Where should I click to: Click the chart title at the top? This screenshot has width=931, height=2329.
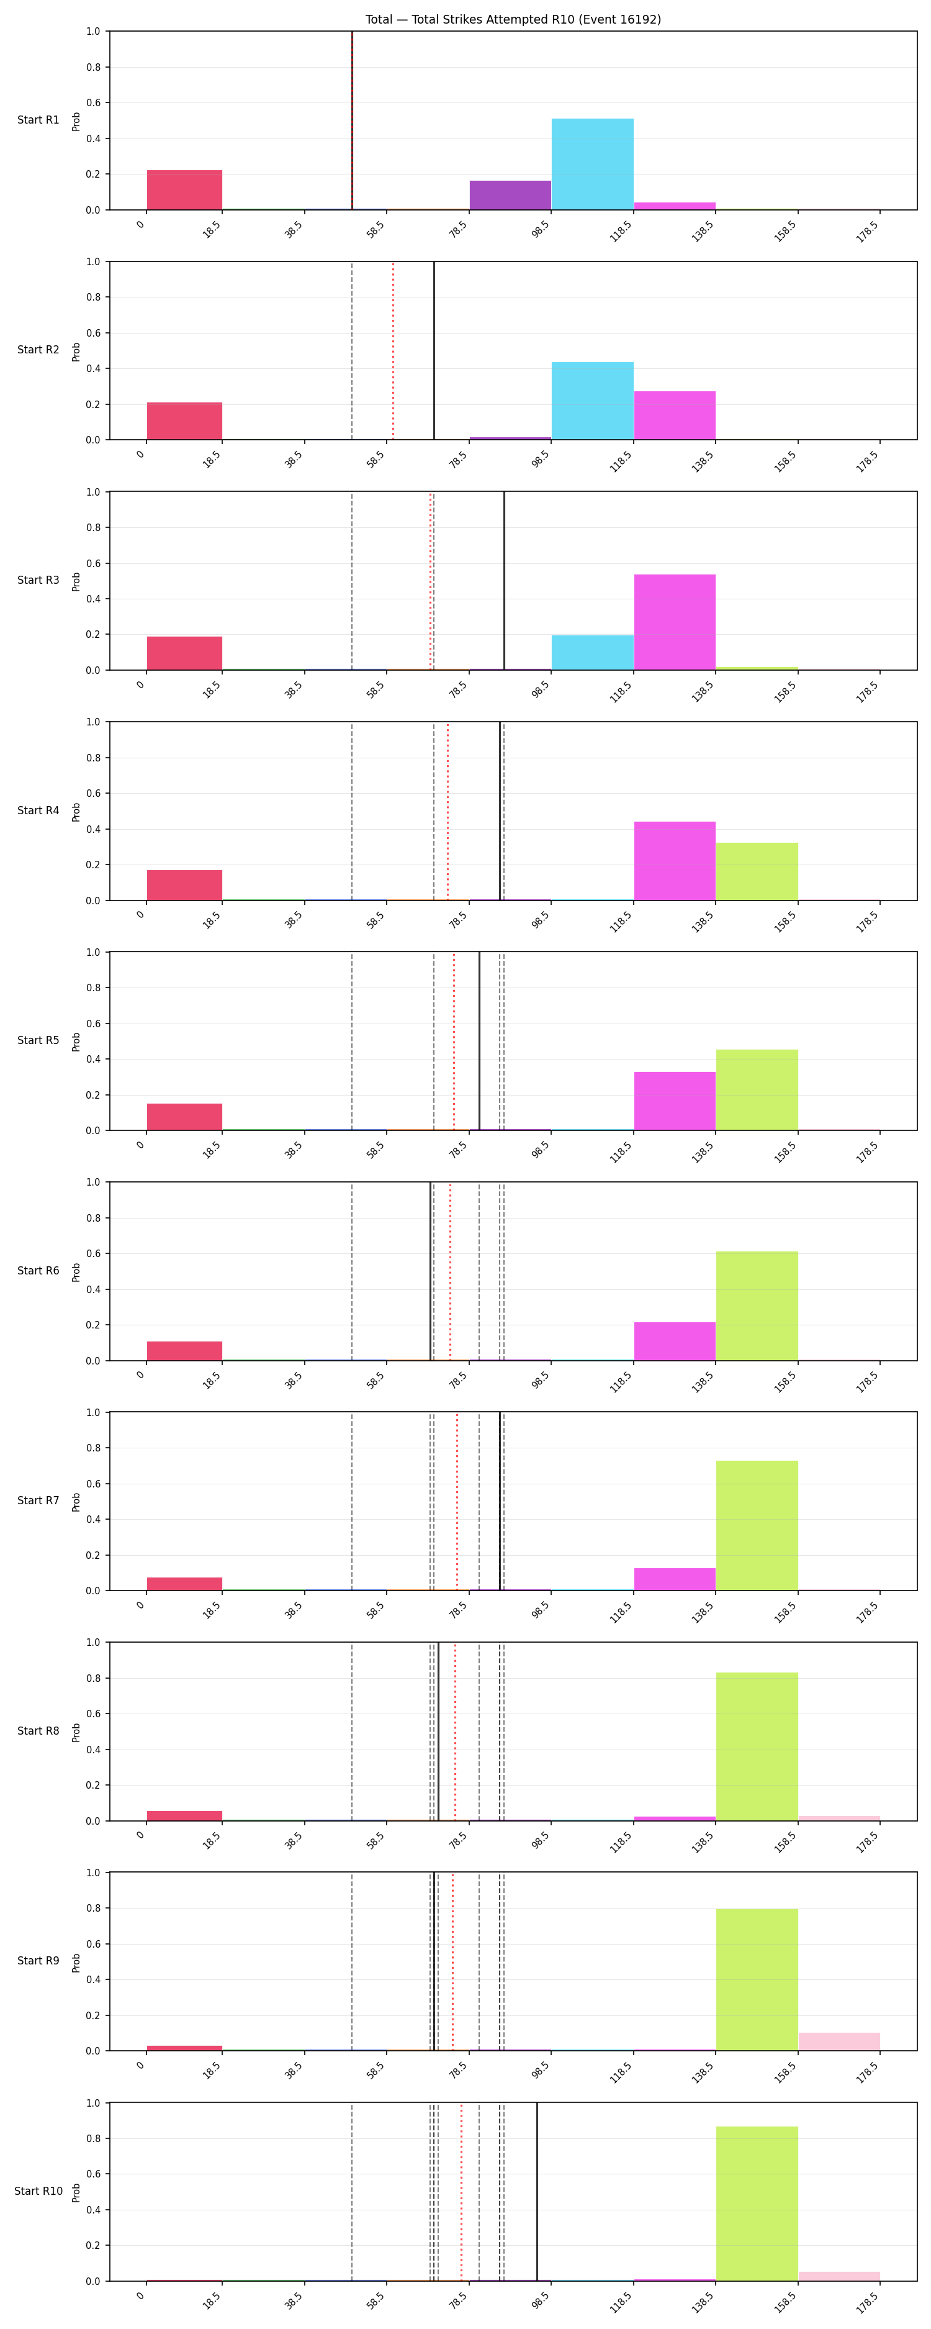coord(513,19)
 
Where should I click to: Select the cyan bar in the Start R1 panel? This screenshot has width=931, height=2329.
coord(592,163)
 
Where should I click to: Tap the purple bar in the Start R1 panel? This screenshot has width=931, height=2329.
coord(510,195)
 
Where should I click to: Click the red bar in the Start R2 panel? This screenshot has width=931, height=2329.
coord(184,421)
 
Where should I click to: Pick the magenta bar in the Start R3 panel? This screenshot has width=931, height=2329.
coord(674,622)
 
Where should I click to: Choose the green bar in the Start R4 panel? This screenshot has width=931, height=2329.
coord(757,871)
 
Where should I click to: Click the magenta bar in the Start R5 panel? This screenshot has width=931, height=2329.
coord(674,1101)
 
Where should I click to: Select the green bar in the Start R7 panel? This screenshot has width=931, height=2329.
coord(757,1525)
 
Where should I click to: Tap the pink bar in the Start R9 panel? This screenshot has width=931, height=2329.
coord(839,2041)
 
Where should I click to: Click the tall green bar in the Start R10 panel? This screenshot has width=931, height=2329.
coord(757,2204)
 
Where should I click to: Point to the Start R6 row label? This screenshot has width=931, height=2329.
coord(38,1270)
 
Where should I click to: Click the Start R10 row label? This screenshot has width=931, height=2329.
coord(38,2191)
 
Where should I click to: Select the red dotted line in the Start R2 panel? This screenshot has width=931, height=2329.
coord(393,351)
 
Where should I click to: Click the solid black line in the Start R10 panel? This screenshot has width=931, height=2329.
coord(537,2192)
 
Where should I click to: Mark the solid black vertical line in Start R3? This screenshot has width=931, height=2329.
coord(505,581)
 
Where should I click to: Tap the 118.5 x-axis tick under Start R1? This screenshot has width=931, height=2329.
coord(620,232)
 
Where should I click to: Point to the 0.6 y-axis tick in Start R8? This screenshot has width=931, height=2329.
coord(93,1714)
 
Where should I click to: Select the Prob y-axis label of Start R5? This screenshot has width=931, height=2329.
coord(76,1042)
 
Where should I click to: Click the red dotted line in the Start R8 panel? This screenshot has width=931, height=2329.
coord(455,1732)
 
